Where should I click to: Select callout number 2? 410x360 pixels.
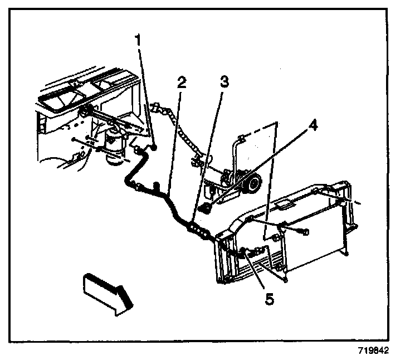pyautogui.click(x=181, y=82)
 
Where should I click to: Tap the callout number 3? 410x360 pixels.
pyautogui.click(x=223, y=82)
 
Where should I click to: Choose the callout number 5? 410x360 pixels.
pyautogui.click(x=269, y=299)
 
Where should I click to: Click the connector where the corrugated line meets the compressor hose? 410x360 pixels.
pyautogui.click(x=197, y=163)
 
